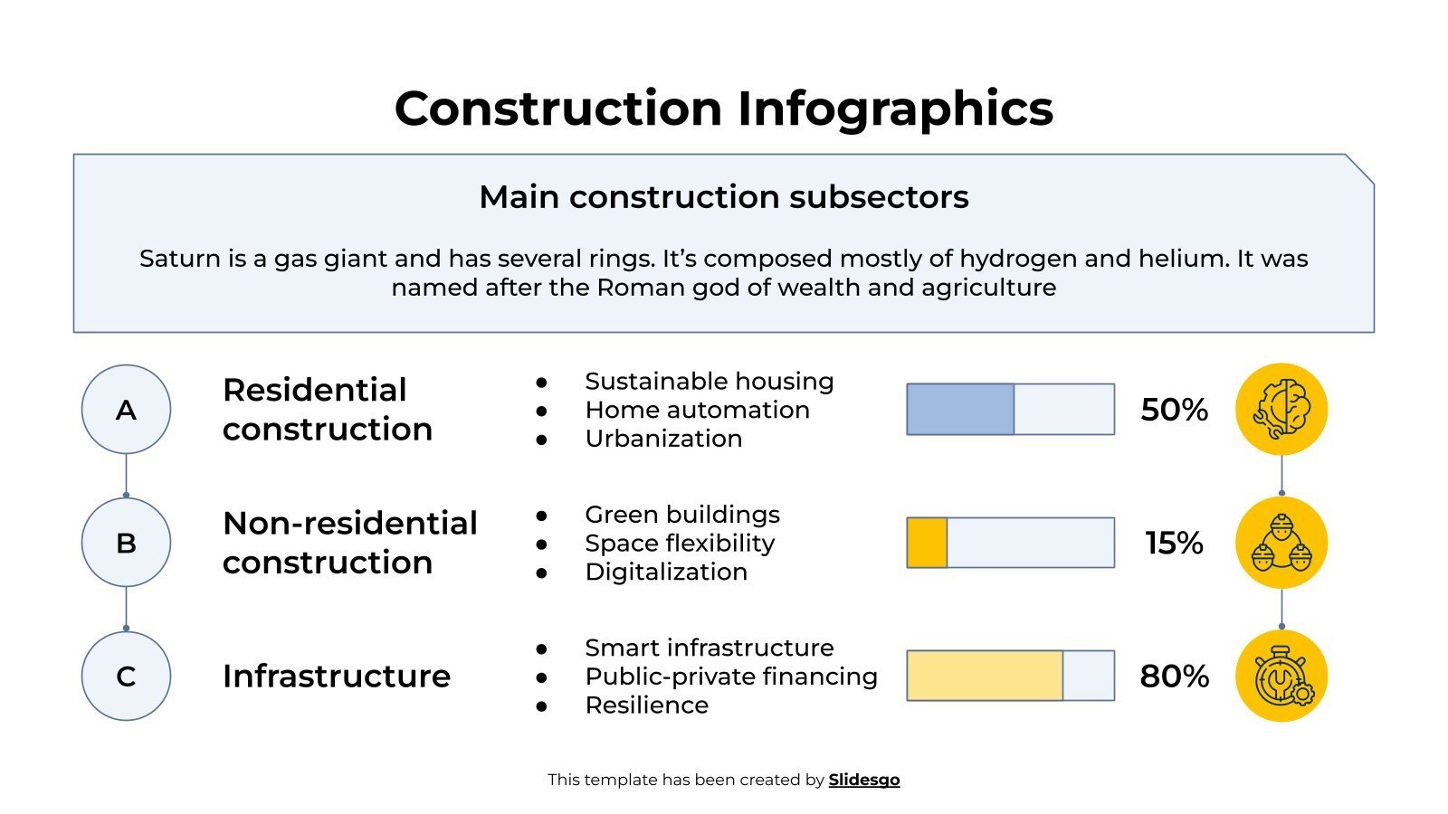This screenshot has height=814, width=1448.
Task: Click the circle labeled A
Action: (126, 410)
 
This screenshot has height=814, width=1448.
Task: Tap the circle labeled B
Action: (126, 543)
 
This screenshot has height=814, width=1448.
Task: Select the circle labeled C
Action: (126, 677)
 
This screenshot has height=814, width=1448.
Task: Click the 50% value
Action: (1174, 410)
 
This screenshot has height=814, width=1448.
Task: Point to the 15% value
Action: (1174, 543)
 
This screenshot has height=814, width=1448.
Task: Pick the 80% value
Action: (1174, 677)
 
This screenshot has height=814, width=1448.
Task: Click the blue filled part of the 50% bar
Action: (960, 410)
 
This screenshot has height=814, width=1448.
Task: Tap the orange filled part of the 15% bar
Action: (927, 543)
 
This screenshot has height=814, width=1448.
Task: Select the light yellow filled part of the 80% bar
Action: (985, 677)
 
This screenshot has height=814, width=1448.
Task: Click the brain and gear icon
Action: (1281, 410)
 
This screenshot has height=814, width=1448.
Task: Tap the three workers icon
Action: (1281, 543)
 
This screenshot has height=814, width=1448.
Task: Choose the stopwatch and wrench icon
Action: (1281, 677)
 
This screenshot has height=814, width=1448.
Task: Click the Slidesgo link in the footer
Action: (863, 780)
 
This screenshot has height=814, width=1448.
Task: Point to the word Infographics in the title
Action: (894, 109)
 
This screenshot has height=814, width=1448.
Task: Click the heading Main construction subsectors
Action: (723, 197)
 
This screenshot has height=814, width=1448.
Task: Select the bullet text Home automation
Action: (697, 410)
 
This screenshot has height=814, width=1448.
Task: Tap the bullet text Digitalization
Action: (666, 572)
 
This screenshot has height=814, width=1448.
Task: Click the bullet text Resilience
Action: (646, 705)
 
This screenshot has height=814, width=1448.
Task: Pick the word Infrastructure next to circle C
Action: (336, 677)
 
